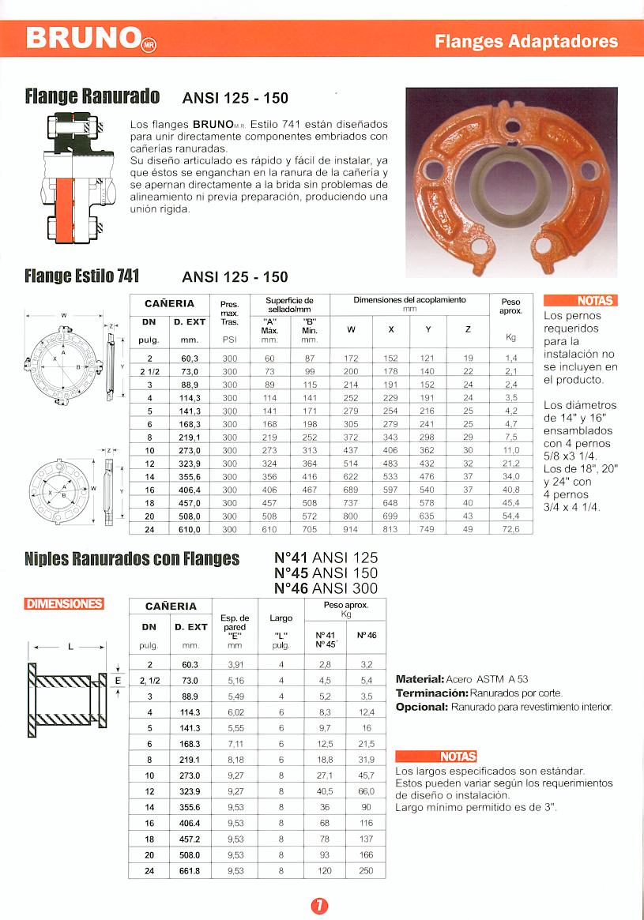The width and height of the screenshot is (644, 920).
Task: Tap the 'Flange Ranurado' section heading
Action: (92, 97)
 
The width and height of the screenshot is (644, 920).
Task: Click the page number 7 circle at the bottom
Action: (320, 906)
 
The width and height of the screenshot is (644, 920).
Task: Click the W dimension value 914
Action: (351, 529)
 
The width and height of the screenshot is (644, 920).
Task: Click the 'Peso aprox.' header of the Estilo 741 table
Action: (510, 306)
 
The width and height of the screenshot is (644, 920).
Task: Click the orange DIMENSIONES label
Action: (65, 604)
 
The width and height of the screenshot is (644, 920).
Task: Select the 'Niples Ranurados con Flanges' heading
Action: (132, 559)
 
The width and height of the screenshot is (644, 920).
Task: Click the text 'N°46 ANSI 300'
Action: (326, 588)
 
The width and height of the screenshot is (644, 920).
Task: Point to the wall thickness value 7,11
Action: (235, 743)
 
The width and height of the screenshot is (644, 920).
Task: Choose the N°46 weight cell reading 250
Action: (366, 871)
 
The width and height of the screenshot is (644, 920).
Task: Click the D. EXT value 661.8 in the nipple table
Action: (190, 871)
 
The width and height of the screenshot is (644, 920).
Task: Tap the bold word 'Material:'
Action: (420, 679)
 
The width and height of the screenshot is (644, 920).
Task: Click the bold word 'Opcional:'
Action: (422, 707)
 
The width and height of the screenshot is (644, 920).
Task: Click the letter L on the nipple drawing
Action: (70, 648)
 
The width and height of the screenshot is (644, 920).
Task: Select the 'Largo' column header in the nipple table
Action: (281, 618)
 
